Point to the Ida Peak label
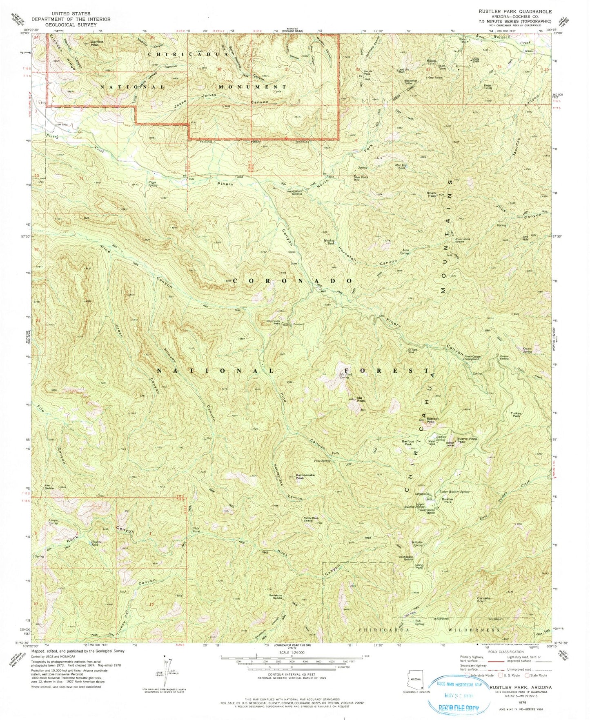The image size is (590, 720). pyautogui.click(x=361, y=399)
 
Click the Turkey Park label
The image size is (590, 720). pyautogui.click(x=516, y=415)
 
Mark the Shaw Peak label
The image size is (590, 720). pyautogui.click(x=432, y=195)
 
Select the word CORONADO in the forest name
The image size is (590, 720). pyautogui.click(x=293, y=281)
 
